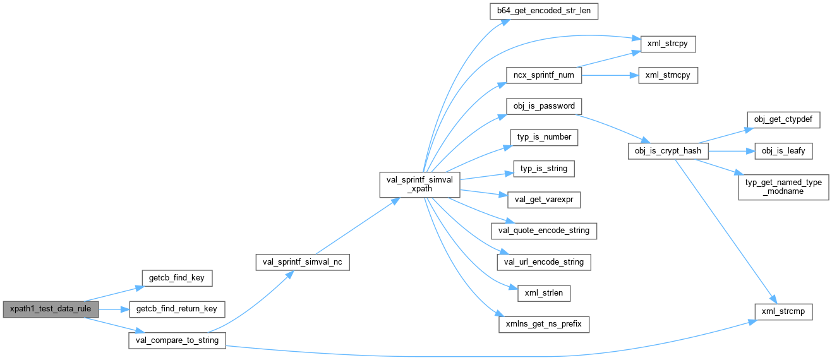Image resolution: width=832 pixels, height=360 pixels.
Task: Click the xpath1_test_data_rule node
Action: coord(51,309)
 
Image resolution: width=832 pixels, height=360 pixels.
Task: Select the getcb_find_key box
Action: coord(176,277)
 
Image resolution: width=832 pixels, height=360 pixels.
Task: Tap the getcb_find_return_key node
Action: coord(176,309)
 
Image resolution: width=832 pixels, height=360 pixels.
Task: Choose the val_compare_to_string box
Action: coord(176,340)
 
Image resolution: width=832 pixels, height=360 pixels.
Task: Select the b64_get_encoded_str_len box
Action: coord(544,11)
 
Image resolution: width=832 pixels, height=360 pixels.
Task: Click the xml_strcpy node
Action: coord(668,44)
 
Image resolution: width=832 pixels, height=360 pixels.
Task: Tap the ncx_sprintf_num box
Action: coord(544,75)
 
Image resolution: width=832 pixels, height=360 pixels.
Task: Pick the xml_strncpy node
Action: coord(668,75)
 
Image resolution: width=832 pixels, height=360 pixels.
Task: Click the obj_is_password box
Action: coord(544,106)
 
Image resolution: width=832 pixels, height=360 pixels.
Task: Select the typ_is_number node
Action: coord(544,137)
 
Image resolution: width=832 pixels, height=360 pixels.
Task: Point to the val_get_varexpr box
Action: coord(544,200)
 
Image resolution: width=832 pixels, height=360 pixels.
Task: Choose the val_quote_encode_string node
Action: coord(544,231)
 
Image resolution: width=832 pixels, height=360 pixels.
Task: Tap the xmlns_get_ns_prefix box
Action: coord(544,325)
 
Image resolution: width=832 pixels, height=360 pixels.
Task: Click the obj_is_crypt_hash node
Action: coord(668,152)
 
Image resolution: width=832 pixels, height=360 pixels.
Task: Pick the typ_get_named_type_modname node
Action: coord(783,186)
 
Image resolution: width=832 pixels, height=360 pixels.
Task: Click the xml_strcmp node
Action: coord(783,311)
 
